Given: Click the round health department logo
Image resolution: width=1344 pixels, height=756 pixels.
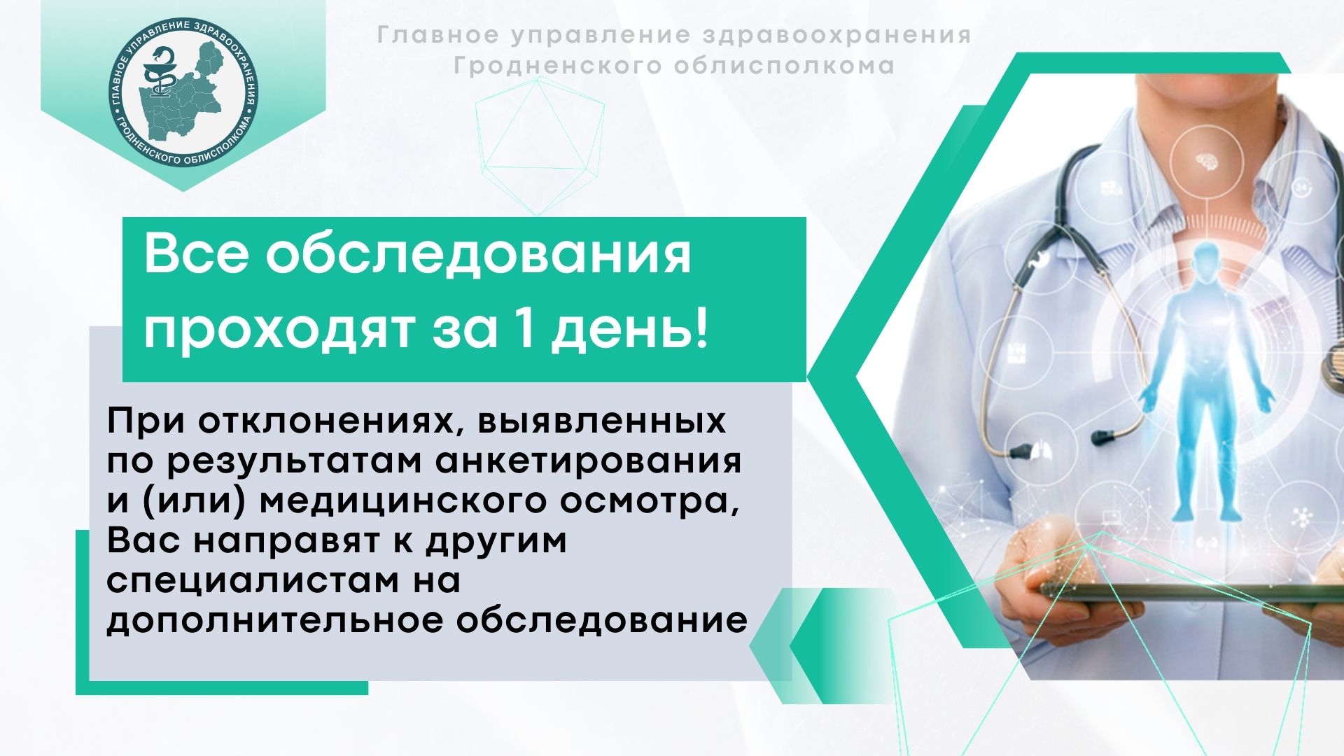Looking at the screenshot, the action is tap(183, 93).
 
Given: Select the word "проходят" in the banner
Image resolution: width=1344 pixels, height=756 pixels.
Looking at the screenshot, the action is tap(279, 330).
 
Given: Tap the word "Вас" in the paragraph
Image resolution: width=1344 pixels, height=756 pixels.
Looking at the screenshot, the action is tap(145, 541).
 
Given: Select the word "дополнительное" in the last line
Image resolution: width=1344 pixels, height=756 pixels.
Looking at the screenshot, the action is tap(275, 622).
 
